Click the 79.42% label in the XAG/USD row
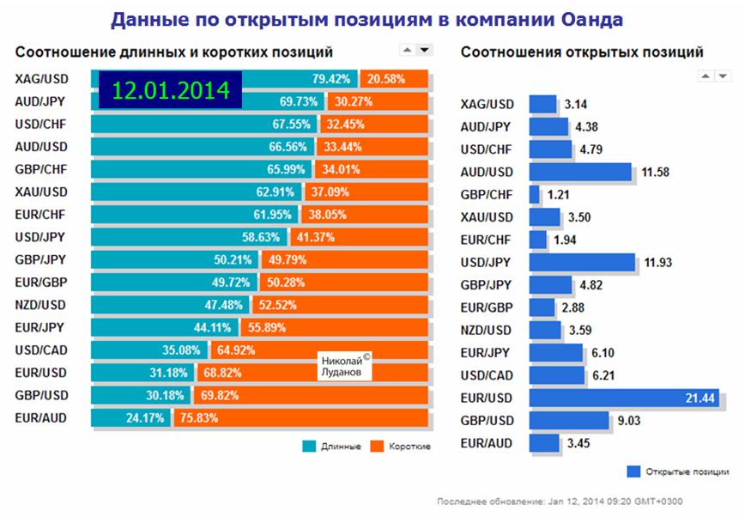[331, 79]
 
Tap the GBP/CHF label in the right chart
[488, 194]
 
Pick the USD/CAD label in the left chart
[42, 350]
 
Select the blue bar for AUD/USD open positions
[580, 172]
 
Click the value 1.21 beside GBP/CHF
[560, 194]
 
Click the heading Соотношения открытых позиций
[582, 52]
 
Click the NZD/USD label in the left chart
[42, 305]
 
